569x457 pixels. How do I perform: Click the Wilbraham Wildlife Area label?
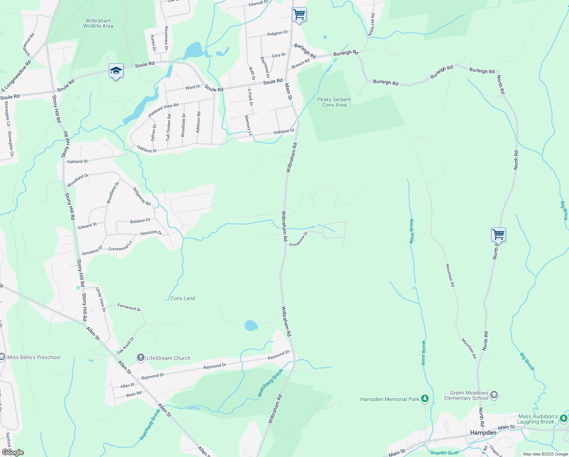(x=98, y=24)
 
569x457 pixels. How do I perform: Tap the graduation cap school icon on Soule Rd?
(x=116, y=71)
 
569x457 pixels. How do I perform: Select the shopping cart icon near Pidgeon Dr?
(x=299, y=15)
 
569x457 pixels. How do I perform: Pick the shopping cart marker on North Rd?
(x=498, y=235)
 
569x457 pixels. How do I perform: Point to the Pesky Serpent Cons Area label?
(x=334, y=102)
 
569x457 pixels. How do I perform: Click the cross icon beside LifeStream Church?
(x=141, y=358)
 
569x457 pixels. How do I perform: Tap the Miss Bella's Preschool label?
(x=34, y=357)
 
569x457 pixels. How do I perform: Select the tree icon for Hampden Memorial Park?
(x=425, y=399)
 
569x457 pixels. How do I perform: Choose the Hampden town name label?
(x=483, y=433)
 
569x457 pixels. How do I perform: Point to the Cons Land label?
(x=183, y=298)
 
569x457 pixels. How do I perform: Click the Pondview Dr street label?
(x=299, y=239)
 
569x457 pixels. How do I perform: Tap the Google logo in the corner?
(x=13, y=452)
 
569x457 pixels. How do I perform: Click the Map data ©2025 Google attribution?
(x=545, y=454)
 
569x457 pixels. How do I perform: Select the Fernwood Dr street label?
(x=129, y=307)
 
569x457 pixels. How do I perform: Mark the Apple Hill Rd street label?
(x=371, y=25)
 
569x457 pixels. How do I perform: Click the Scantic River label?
(x=444, y=452)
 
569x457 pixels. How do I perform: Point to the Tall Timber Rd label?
(x=168, y=128)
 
